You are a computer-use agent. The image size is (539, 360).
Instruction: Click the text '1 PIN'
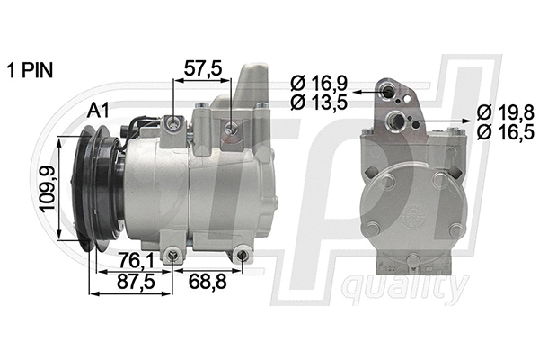(31, 69)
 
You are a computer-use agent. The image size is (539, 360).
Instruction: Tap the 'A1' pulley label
(99, 111)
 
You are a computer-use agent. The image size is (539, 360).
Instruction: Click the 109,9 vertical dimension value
(44, 189)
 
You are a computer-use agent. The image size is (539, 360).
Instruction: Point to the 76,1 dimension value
(134, 261)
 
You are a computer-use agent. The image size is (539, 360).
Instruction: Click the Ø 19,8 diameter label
(507, 112)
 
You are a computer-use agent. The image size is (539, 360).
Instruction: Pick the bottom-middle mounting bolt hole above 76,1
(172, 258)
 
